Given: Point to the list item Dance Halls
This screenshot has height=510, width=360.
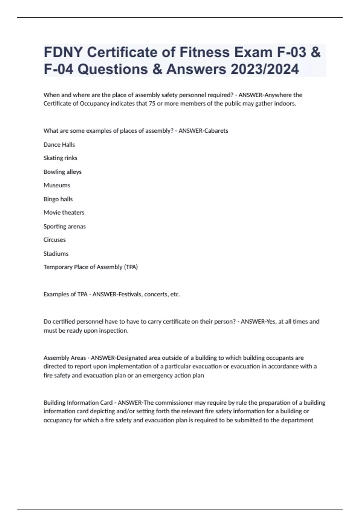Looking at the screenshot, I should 59,145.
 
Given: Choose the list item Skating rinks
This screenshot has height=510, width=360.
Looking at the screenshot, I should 60,158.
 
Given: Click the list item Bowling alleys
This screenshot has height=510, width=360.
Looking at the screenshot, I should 62,172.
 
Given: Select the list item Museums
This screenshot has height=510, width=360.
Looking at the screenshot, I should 57,185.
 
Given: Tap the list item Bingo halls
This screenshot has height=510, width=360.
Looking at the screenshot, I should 58,199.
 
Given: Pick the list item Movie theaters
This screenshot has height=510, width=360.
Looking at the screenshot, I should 64,212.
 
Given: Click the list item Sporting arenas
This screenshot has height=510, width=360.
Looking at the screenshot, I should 64,226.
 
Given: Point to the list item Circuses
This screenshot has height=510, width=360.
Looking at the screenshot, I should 55,240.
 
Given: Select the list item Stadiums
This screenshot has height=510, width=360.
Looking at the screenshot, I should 56,253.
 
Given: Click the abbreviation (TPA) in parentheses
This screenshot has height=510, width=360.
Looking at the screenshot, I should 131,267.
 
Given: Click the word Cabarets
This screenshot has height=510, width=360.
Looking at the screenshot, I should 216,131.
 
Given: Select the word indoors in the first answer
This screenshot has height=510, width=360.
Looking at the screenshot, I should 285,104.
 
